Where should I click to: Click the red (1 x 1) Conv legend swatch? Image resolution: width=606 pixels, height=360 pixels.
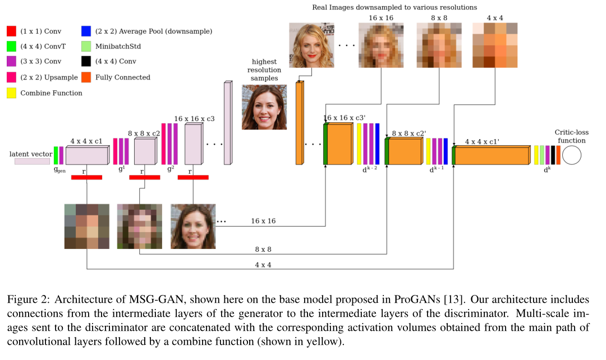[x=11, y=30]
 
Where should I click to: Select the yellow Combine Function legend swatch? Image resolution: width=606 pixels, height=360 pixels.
[x=11, y=93]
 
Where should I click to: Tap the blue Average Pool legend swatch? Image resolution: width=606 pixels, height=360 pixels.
[x=85, y=30]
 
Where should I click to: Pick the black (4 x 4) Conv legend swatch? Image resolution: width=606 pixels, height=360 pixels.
[x=85, y=61]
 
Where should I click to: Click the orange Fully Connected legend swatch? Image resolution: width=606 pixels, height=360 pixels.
[x=85, y=77]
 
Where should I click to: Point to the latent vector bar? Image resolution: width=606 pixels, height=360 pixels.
[x=32, y=161]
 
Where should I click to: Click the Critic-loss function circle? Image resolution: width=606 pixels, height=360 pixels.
[x=571, y=155]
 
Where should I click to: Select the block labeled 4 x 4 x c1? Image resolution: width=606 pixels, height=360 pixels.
[x=86, y=155]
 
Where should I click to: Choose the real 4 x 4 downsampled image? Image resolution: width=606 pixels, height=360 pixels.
[x=494, y=44]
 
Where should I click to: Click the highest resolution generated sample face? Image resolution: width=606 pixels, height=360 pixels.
[x=264, y=107]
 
